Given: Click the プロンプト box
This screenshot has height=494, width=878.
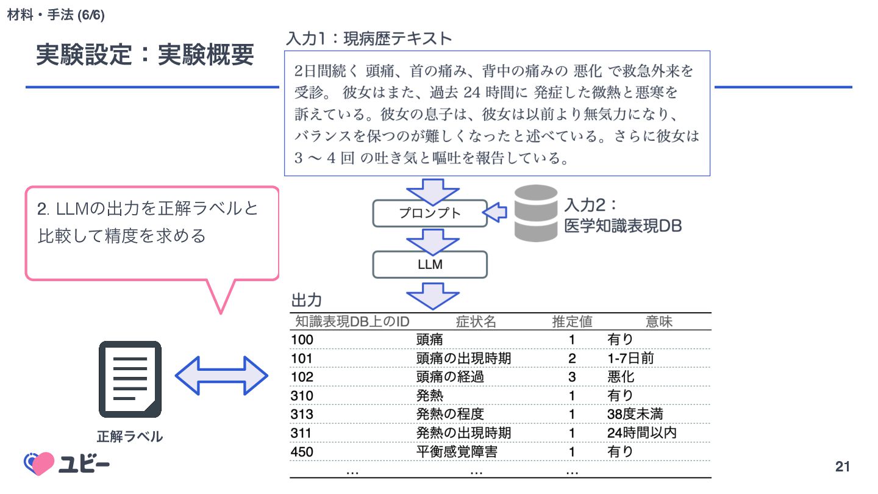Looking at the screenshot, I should pyautogui.click(x=430, y=213).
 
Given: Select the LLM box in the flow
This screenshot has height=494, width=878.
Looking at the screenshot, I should pyautogui.click(x=430, y=265).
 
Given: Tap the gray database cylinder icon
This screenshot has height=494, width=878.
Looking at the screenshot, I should pyautogui.click(x=535, y=213).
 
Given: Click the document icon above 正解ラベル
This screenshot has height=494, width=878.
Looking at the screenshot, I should pyautogui.click(x=130, y=379).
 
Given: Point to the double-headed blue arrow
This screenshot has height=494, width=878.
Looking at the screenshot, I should pyautogui.click(x=221, y=376).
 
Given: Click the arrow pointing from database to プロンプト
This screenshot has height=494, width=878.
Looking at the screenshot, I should pyautogui.click(x=496, y=212).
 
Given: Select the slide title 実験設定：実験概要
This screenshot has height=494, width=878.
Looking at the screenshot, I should pyautogui.click(x=145, y=55).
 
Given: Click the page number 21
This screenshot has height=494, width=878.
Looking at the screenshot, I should pyautogui.click(x=842, y=467).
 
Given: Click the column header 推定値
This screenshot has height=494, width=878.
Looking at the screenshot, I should pyautogui.click(x=572, y=321).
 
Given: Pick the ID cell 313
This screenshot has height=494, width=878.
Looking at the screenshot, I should pyautogui.click(x=302, y=415).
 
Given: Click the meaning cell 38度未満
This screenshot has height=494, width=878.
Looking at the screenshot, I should pyautogui.click(x=635, y=415).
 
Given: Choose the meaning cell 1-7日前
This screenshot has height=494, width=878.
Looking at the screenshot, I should pyautogui.click(x=630, y=358).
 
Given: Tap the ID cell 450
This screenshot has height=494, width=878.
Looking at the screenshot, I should pyautogui.click(x=302, y=452).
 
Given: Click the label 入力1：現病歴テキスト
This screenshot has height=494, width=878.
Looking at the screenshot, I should pyautogui.click(x=369, y=39).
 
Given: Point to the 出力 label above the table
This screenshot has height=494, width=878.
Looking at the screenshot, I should pyautogui.click(x=307, y=300).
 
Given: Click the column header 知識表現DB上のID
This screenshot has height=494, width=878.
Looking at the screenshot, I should pyautogui.click(x=352, y=321).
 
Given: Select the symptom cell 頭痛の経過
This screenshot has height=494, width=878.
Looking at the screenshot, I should pyautogui.click(x=450, y=377).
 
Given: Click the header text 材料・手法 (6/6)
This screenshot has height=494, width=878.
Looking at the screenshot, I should pyautogui.click(x=55, y=15).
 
